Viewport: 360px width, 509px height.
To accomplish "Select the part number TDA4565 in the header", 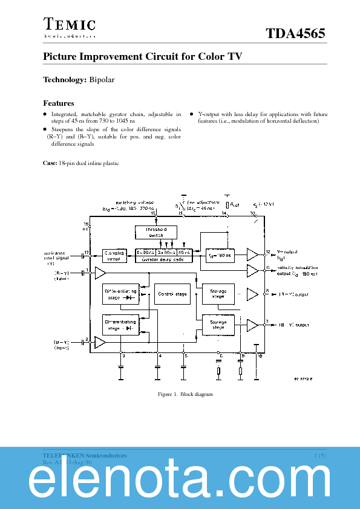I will tap(296, 34).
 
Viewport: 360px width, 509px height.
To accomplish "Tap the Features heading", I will tap(59, 103).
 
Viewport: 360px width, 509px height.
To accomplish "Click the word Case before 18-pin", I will tap(50, 163).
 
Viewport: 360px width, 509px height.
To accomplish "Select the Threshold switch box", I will tap(155, 233).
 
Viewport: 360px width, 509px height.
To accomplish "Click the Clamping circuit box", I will tap(114, 255).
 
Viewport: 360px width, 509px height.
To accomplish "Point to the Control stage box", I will tap(172, 294).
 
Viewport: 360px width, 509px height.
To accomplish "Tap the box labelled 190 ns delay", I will tap(220, 255).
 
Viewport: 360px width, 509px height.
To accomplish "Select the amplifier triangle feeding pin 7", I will tap(252, 325).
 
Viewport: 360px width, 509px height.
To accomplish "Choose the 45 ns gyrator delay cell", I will tap(185, 252).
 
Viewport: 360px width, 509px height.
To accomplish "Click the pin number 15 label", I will tap(153, 214).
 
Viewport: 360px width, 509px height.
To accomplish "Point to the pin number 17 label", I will tap(87, 251).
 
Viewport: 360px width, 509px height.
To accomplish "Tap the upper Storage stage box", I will tap(218, 294).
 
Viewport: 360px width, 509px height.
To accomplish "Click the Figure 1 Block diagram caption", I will tap(176, 394).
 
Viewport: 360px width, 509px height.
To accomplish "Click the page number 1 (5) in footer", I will tap(320, 455).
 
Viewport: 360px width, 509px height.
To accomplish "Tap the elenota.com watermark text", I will tap(180, 481).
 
